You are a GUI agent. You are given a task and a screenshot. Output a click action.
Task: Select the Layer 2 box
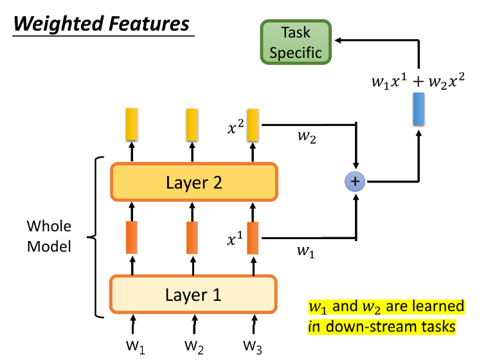(194, 182)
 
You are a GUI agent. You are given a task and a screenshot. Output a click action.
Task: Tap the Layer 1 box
(194, 295)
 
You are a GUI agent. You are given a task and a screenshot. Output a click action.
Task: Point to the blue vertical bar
(419, 109)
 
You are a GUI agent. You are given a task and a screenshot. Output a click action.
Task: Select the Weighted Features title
(102, 24)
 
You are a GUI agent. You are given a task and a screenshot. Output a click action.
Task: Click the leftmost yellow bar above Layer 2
(132, 125)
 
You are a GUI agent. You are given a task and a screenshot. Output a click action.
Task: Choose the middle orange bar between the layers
(192, 237)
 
